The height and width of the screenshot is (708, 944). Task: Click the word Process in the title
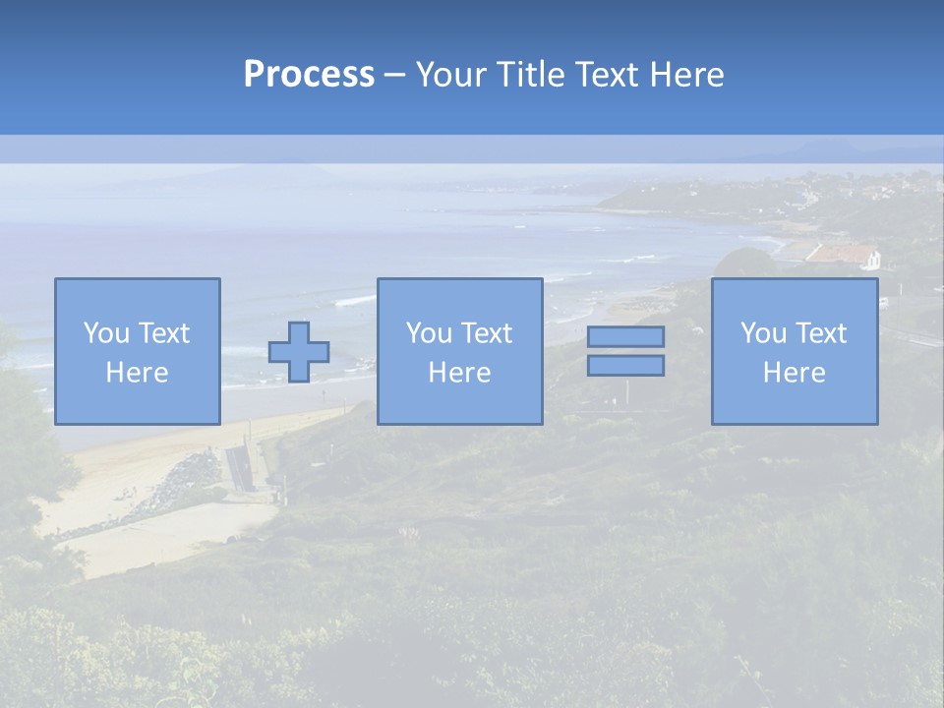[x=309, y=75]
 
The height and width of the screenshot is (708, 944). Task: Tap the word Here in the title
[x=686, y=75]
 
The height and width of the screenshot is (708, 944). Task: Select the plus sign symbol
[x=299, y=351]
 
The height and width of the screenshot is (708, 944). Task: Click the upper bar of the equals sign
[x=625, y=336]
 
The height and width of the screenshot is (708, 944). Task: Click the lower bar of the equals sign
[x=625, y=365]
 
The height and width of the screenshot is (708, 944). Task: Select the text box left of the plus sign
[x=137, y=351]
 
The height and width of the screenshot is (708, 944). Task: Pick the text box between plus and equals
[x=459, y=351]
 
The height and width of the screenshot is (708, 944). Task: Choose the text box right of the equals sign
[x=794, y=351]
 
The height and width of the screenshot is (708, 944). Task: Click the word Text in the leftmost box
[x=164, y=333]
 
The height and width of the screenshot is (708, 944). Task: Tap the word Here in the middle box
[x=459, y=373]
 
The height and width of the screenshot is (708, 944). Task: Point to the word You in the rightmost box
[x=764, y=333]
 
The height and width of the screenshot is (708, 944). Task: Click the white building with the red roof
[x=843, y=256]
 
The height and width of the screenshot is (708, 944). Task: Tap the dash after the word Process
[x=394, y=75]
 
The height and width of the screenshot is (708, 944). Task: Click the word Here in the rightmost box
[x=794, y=373]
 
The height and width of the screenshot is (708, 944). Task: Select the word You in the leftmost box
[x=106, y=333]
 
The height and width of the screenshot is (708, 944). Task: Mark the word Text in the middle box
[x=487, y=333]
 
